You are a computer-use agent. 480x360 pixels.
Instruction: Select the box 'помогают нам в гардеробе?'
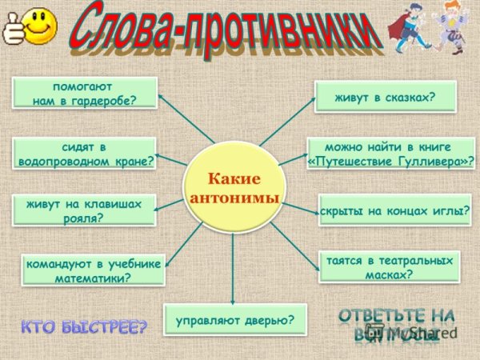coord(84,93)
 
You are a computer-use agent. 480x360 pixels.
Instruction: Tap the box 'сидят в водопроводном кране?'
coord(84,154)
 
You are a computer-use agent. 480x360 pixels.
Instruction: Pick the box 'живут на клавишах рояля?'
coord(84,210)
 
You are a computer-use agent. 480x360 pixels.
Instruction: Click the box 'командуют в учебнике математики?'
coord(93,270)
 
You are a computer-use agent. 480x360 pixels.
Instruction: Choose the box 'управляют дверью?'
coord(235,320)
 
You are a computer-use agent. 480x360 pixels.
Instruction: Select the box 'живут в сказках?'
coord(385,97)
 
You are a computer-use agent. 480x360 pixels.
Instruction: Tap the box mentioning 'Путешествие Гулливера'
coord(390,154)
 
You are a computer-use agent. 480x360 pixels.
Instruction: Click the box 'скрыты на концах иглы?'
coord(394,210)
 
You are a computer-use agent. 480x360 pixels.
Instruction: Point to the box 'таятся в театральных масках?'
coord(390,267)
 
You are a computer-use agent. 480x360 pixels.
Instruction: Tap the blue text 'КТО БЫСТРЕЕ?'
coord(84,326)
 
